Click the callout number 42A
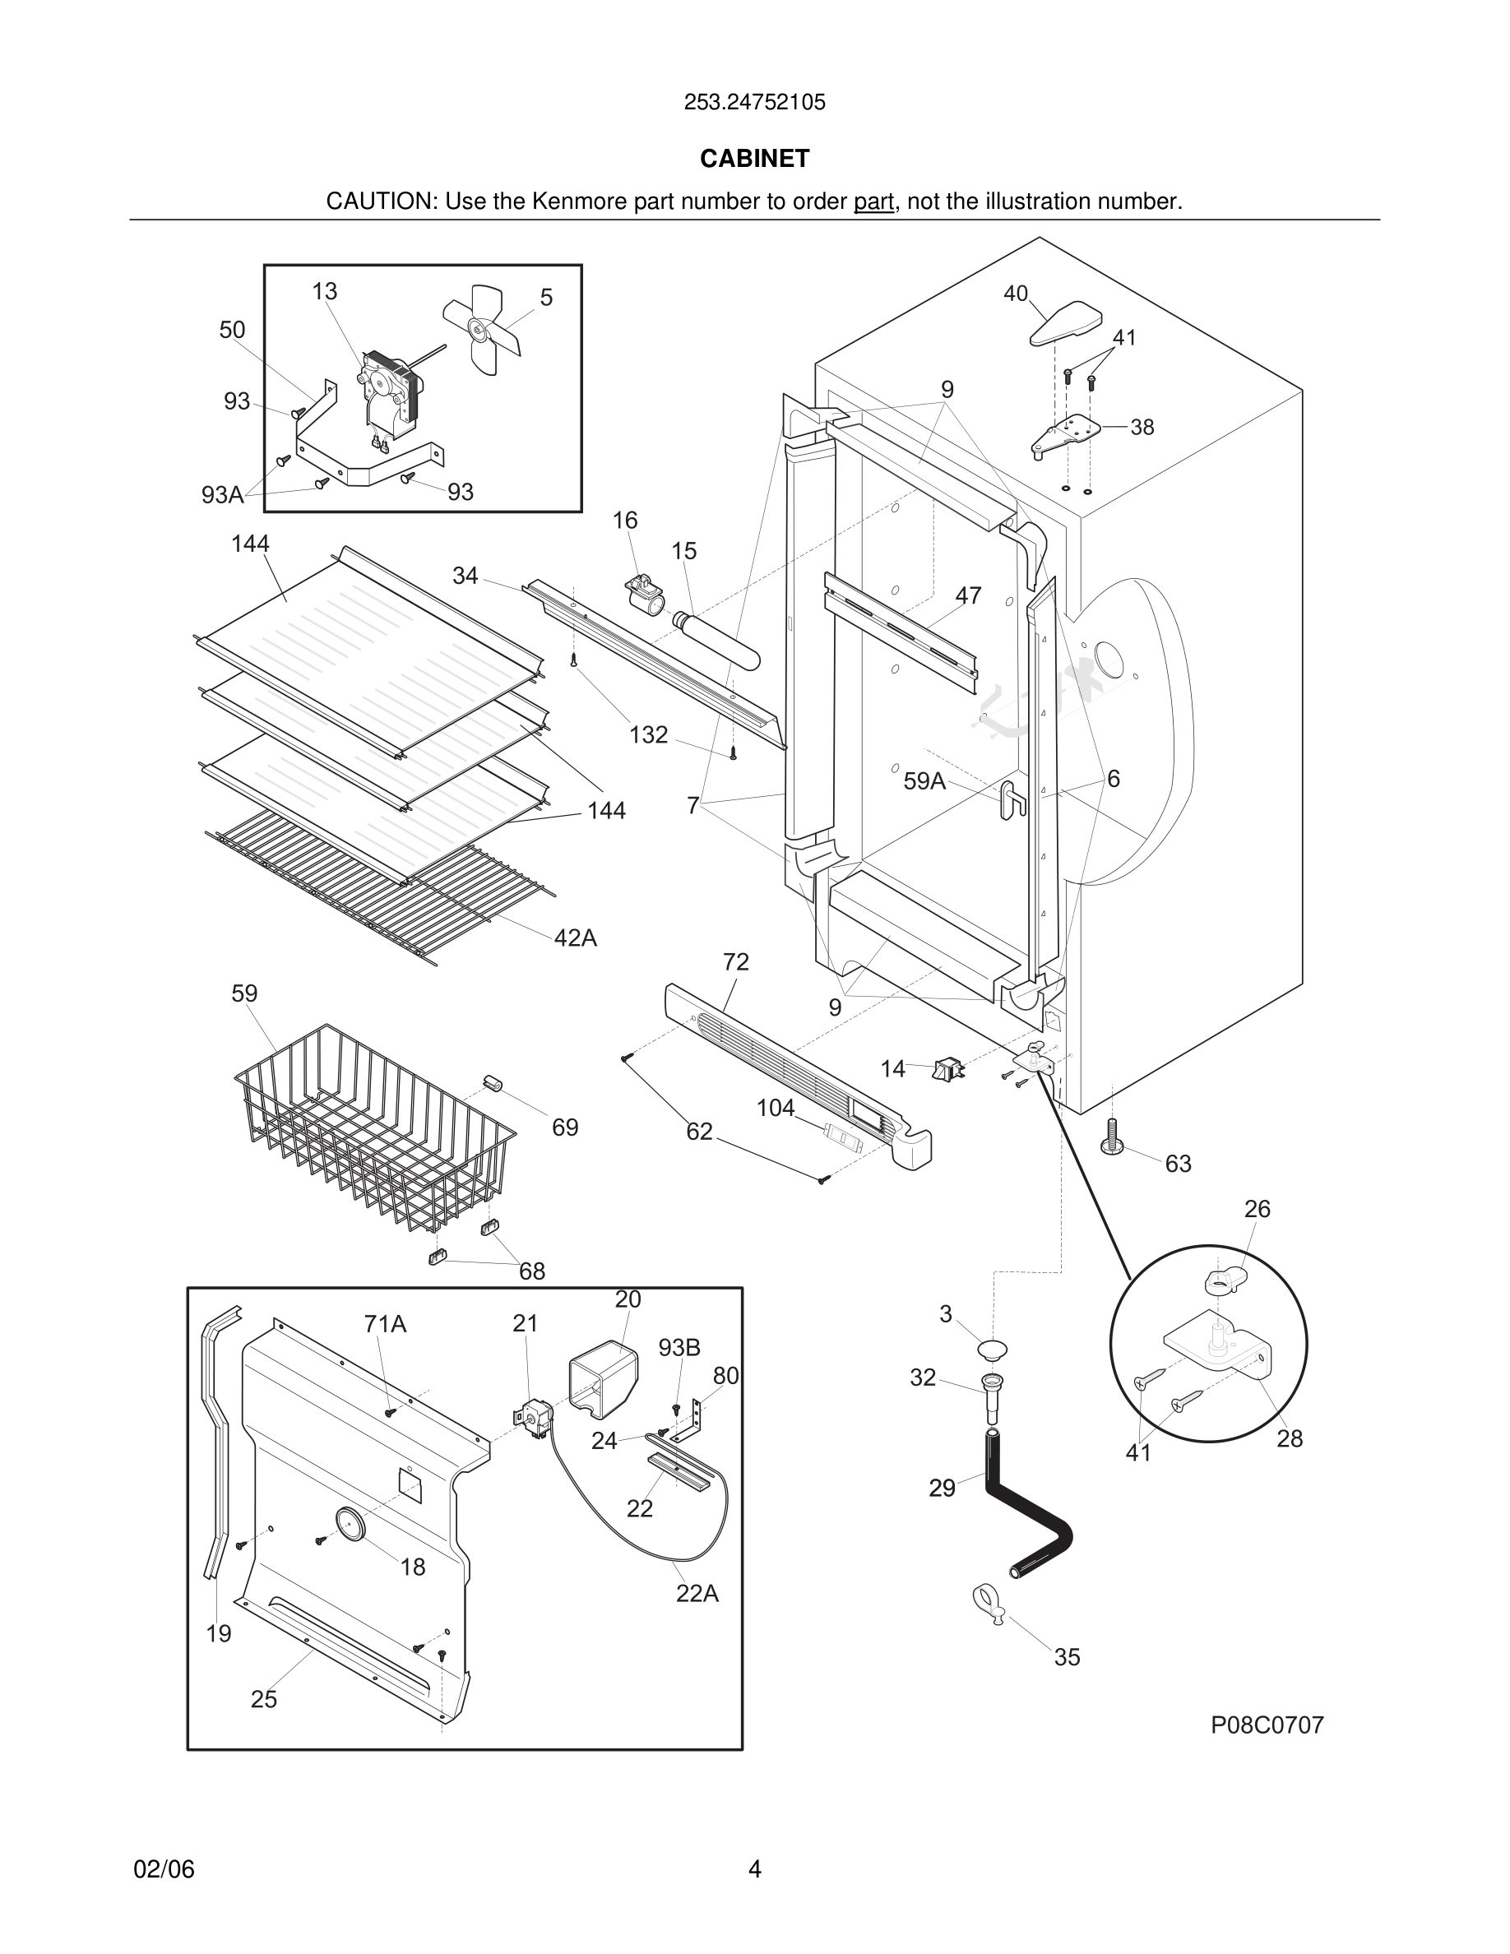(x=575, y=938)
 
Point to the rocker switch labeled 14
(x=948, y=1068)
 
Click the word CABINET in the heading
(x=754, y=159)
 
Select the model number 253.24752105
(x=754, y=102)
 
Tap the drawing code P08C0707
(x=1267, y=1725)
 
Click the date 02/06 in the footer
(x=164, y=1869)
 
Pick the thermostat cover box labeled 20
(x=603, y=1378)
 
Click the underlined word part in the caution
(x=873, y=202)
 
